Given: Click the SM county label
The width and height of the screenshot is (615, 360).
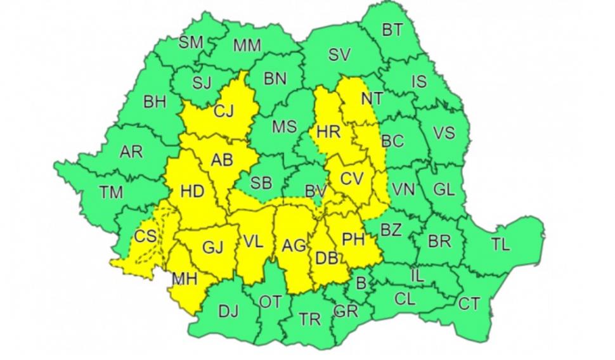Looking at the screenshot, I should [191, 42].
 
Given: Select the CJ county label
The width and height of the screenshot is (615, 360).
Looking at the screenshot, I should [223, 112].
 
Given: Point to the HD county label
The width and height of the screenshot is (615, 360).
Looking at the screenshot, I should [192, 190].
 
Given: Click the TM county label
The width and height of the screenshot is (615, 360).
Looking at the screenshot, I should [111, 192].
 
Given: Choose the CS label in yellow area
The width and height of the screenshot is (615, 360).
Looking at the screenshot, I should [145, 236].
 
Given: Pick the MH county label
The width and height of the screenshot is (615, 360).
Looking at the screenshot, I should [184, 279].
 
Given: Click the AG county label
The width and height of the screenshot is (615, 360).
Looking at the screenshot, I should [294, 245].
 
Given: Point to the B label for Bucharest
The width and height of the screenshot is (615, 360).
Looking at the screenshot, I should [361, 283].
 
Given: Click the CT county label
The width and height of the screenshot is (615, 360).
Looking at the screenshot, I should [469, 305].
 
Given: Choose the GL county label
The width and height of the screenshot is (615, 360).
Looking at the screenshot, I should [443, 190].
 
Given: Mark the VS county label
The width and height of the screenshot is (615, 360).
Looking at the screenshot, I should [444, 133].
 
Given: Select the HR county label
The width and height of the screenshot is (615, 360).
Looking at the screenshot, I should [328, 132].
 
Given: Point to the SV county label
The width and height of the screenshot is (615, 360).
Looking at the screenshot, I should [339, 55].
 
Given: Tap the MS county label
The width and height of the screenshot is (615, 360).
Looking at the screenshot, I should [284, 127].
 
